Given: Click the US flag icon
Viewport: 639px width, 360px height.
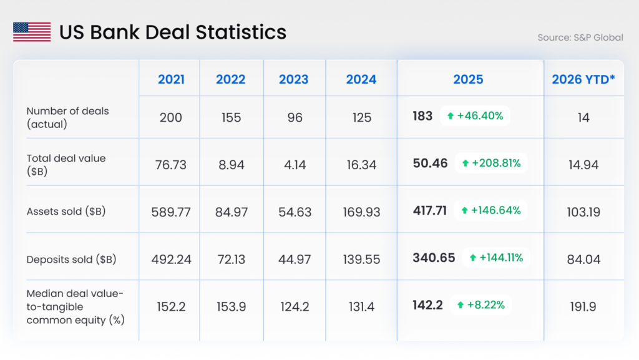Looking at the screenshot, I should pos(32,32).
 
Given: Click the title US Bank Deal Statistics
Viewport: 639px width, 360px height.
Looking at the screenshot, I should pos(173,32).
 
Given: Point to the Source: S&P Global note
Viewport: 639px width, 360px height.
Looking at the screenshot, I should pos(580,37).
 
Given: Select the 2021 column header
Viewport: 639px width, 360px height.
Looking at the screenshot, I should pos(171,79).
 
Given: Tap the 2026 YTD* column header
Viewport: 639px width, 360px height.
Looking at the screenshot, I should pos(583,79).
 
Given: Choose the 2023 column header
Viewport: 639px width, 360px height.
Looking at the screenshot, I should pos(293,79).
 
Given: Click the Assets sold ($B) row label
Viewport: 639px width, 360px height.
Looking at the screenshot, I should pos(66,211).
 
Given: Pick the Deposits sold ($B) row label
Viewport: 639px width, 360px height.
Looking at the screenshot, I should pos(71,259).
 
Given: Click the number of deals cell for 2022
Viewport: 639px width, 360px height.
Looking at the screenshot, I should pos(231,117).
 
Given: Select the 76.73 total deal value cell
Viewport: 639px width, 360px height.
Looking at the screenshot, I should pos(171,165).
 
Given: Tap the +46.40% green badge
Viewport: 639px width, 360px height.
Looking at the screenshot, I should pos(476,116).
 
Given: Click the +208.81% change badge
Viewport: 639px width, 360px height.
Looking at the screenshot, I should pos(491,163).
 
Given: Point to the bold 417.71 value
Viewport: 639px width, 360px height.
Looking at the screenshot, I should pos(430,210).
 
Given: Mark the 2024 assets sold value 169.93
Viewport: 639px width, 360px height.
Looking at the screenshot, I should pos(361,212).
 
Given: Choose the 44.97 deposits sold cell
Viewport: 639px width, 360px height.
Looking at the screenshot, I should pos(295,260).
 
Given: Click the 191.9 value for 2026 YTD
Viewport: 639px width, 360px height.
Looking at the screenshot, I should pos(583,307).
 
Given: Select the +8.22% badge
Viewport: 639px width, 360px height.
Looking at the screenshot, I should pos(480,305).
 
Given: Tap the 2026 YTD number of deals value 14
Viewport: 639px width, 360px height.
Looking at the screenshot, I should pos(583,117).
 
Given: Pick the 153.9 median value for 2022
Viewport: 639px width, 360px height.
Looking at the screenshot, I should pos(231,307).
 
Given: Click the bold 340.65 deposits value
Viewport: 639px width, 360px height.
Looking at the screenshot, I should pos(434,257).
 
